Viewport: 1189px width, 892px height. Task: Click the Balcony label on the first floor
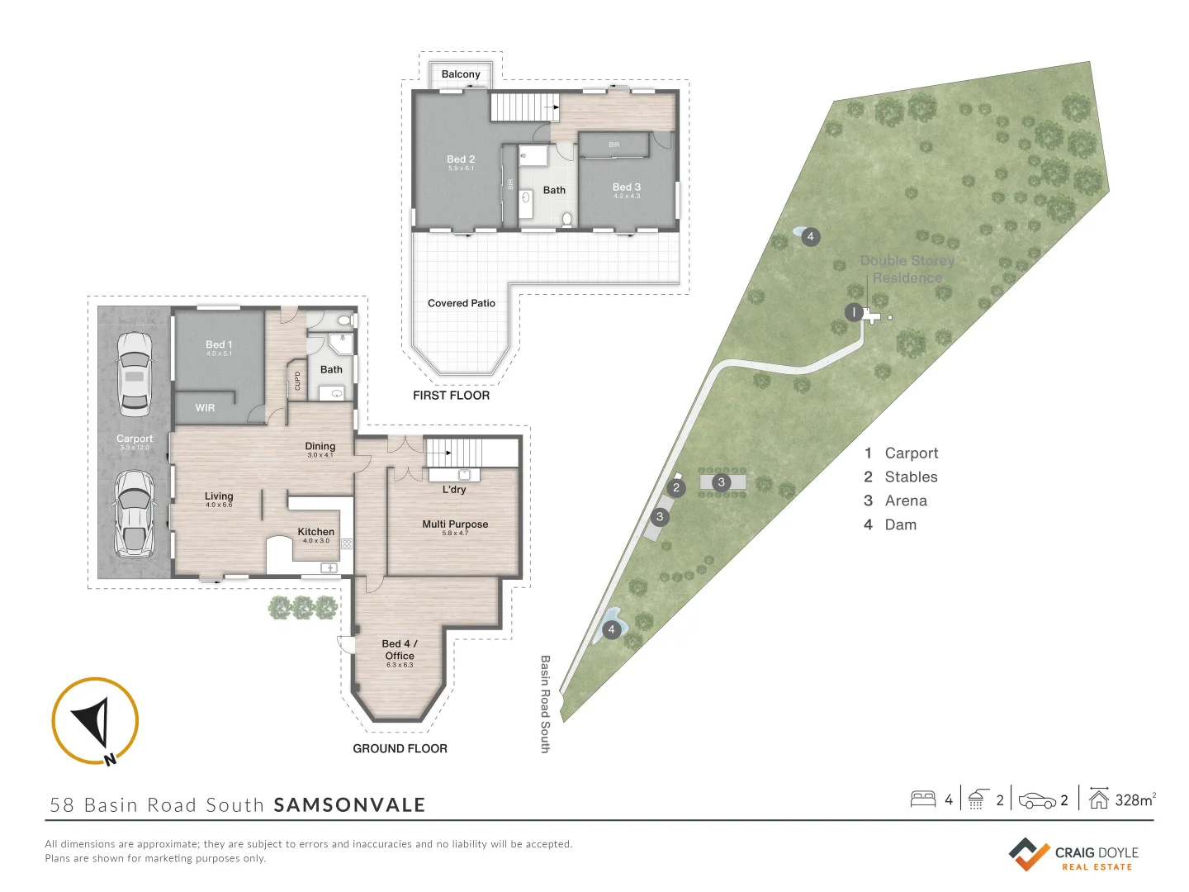[461, 74]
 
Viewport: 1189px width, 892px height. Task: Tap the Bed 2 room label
[461, 159]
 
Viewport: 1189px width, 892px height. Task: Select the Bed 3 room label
[627, 187]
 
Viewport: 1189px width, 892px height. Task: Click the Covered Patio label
[462, 303]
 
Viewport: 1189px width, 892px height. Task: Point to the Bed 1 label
[219, 344]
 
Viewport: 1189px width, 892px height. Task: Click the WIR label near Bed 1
[205, 408]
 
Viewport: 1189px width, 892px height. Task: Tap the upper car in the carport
[135, 373]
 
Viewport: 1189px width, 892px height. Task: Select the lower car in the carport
[134, 514]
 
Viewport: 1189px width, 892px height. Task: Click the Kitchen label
[316, 532]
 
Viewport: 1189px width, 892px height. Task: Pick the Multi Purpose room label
[455, 524]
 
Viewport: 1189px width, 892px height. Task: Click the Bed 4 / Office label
[400, 649]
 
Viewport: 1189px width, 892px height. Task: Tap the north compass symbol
[95, 721]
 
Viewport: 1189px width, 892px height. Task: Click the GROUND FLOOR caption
[400, 748]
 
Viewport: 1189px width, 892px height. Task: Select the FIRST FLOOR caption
[451, 396]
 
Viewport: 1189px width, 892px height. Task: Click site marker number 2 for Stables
[676, 487]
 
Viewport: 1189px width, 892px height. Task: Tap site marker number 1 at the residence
[854, 312]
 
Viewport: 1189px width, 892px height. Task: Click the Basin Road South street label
[545, 704]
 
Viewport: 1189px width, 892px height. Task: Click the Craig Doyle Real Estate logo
[1073, 855]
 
